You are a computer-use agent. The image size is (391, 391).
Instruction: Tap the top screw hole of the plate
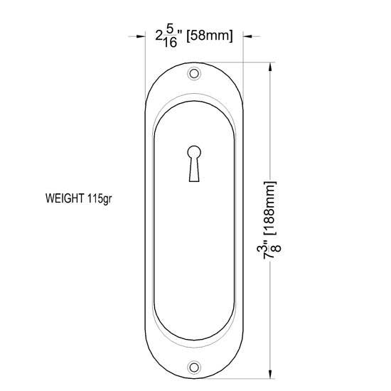coord(193,73)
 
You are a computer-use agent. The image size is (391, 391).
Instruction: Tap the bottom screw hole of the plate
coord(193,368)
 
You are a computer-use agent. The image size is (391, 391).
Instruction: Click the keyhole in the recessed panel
coord(193,164)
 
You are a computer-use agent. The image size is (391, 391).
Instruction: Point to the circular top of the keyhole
coord(193,151)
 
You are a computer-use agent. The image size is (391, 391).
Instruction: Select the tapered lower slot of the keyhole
coord(193,171)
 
